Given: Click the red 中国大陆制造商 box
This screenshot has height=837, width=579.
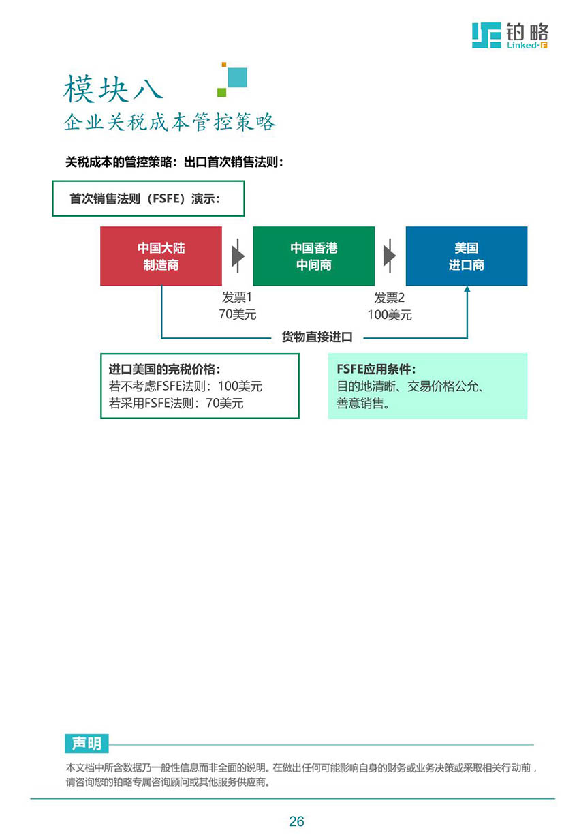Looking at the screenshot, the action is pos(161,256).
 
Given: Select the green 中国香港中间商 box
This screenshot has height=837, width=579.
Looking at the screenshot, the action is pos(314,256).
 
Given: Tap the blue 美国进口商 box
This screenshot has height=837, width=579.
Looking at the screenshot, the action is pos(467,256).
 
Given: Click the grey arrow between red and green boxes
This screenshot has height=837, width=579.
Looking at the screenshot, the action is pos(238,256).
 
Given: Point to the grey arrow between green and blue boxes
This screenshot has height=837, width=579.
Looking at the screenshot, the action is pos(390,256).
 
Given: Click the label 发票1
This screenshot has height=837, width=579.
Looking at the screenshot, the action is pos(237,298).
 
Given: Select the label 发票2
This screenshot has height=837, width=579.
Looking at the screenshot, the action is pos(390,298).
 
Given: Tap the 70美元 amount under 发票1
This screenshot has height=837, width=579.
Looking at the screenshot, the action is pos(238,314).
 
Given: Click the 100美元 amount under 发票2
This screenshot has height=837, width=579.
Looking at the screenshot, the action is pos(390,315).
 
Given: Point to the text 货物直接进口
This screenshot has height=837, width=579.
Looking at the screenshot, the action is pos(317,337).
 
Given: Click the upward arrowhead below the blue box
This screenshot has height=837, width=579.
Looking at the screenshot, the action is pos(467,289).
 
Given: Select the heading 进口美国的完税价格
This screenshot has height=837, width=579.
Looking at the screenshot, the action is pos(164,369).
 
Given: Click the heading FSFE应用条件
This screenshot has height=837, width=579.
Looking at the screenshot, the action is pos(376,369).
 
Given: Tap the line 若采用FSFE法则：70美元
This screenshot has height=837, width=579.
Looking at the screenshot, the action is pos(176,404).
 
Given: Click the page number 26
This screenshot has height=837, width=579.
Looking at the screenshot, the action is pos(296,821).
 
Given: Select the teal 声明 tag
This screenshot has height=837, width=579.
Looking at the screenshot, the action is pos(87,744).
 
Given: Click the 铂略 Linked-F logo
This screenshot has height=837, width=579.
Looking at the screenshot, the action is pos(510,35).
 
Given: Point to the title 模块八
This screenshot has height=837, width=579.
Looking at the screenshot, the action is pos(113,89).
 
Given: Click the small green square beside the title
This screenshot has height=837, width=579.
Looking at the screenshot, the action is pos(222,92).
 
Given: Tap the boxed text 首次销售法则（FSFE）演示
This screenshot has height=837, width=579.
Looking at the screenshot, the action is pos(144,199).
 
